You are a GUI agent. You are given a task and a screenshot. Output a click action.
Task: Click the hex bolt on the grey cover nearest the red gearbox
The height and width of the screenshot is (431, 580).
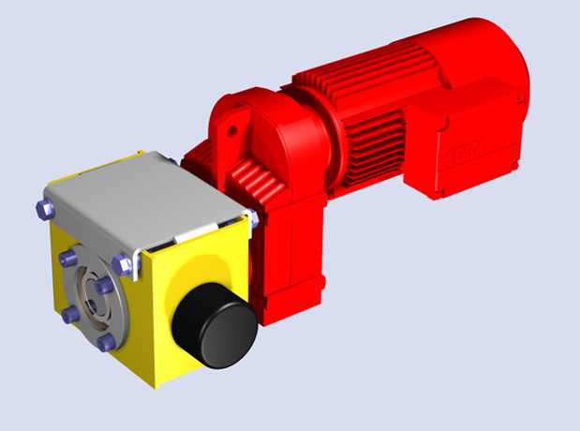click(251, 219)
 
